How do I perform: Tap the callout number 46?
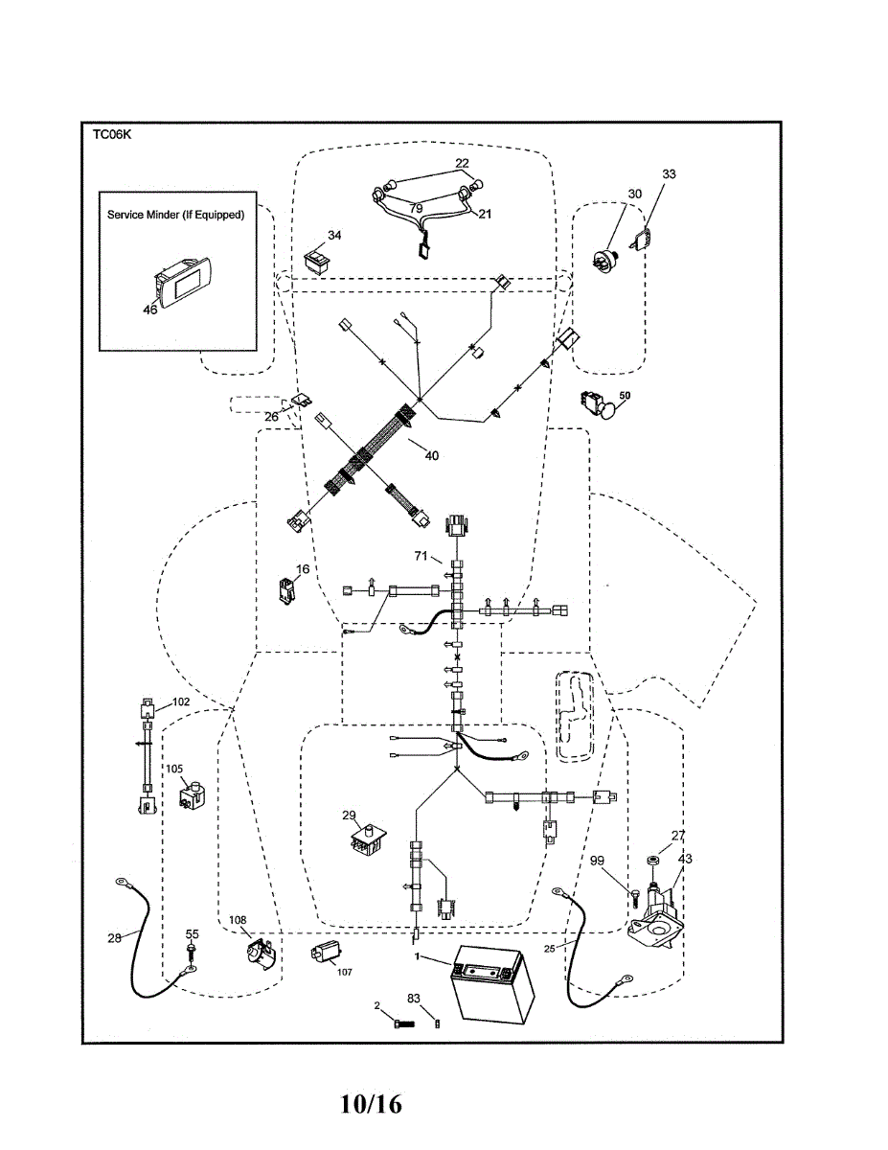point(150,310)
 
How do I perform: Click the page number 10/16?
point(371,1104)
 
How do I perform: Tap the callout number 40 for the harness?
point(432,455)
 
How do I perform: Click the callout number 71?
point(421,556)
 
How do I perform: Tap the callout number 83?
point(414,999)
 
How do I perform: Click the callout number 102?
point(181,701)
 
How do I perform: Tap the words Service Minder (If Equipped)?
point(175,215)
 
